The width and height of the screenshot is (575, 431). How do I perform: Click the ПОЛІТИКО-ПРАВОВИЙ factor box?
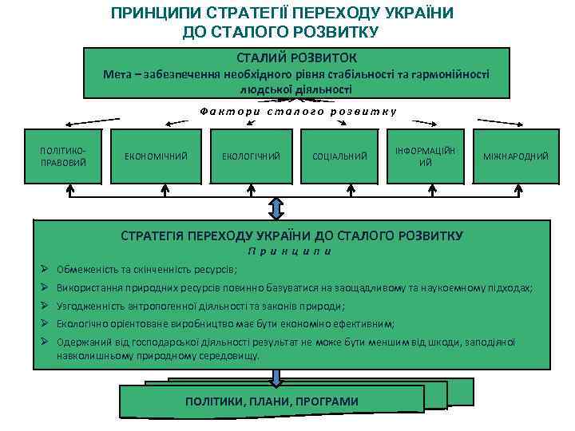pos(63,156)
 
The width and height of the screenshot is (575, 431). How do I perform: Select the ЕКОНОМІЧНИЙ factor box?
pos(156,156)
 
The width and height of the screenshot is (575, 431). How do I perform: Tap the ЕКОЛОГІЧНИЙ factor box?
pos(251,156)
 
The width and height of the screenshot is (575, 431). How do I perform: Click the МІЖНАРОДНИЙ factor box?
pos(515,156)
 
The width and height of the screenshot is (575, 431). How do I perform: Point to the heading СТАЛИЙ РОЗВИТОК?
pos(297,58)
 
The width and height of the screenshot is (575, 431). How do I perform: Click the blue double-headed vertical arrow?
pos(276,208)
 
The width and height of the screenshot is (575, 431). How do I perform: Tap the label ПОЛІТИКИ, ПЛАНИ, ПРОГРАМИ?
pos(272,401)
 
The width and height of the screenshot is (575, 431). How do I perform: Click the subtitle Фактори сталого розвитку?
pos(298,112)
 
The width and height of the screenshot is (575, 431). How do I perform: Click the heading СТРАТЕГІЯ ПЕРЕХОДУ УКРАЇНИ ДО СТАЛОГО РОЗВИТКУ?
pos(291,236)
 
